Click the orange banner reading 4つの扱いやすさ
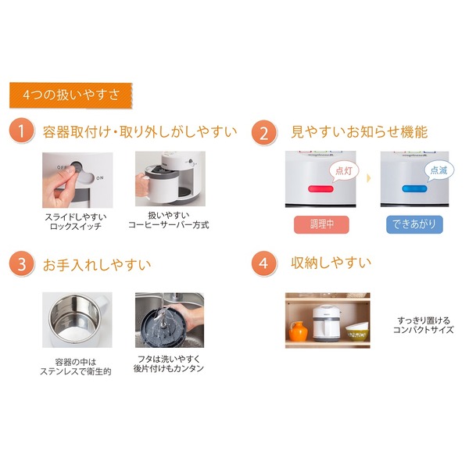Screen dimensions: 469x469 click(71, 95)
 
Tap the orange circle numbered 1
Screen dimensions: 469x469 click(23, 132)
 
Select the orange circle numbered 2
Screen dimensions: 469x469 click(264, 132)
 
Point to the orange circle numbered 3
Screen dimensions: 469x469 click(23, 263)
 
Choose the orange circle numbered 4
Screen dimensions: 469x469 click(264, 263)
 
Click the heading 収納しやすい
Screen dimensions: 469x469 click(331, 263)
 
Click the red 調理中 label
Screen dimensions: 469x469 click(321, 224)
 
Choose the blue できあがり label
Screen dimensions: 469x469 click(414, 224)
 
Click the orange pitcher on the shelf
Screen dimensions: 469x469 click(299, 331)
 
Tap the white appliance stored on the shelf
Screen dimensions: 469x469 click(328, 321)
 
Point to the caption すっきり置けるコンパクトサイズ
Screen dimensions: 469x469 click(424, 325)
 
